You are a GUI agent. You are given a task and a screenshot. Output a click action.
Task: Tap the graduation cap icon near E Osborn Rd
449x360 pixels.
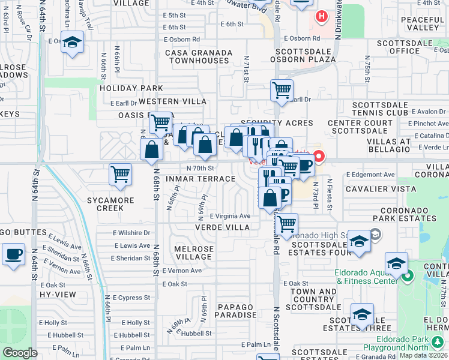coord(72,43)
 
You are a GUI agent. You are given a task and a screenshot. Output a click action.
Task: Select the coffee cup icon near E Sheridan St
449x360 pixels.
coord(13,254)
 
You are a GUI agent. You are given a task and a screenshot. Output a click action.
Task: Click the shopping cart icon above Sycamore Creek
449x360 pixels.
coord(120,175)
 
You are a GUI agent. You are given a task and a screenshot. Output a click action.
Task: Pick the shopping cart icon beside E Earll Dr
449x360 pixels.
coord(282,91)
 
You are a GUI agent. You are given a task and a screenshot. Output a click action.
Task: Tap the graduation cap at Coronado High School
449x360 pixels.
coord(359,241)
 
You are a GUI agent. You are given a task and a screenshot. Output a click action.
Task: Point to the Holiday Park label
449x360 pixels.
coord(123,88)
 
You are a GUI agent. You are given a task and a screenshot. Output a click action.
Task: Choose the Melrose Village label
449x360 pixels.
coord(193,253)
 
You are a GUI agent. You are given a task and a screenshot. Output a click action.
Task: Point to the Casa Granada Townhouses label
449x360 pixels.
coord(199,57)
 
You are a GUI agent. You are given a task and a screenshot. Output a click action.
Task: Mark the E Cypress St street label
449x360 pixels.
coord(130,298)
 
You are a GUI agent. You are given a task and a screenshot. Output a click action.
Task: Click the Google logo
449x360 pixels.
coord(20,353)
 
